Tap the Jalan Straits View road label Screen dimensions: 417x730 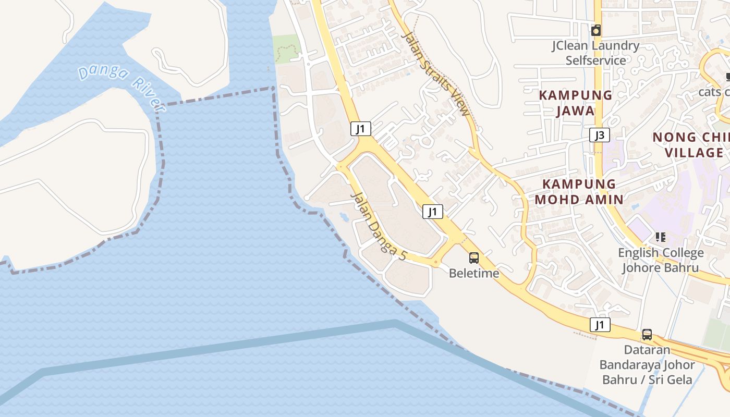point(436,73)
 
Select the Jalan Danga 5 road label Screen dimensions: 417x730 point(379,227)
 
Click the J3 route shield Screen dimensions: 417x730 point(600,136)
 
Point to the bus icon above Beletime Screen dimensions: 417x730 point(473,257)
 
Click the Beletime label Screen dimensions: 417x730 point(474,273)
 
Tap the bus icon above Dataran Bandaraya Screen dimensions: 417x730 point(647,334)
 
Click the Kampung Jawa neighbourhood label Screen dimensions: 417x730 point(575,103)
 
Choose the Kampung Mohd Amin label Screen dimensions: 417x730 point(579,191)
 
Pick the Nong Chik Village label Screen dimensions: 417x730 point(691,144)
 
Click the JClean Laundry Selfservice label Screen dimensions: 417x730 point(595,53)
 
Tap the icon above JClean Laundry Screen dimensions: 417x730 point(596,31)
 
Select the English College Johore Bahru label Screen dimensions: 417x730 point(661,260)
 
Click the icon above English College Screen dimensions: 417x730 point(661,237)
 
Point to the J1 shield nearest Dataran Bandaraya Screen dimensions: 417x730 point(600,325)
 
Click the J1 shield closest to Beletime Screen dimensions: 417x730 point(432,212)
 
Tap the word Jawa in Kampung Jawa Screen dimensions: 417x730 point(575,111)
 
